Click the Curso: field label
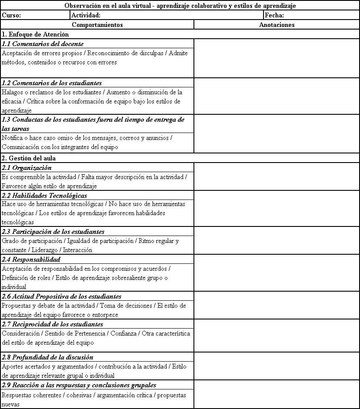pos(11,15)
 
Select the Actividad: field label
pos(86,15)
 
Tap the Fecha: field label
pos(274,15)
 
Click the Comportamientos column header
pos(97,25)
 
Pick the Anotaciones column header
pos(277,25)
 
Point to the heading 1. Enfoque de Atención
pos(36,34)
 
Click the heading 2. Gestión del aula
pos(29,158)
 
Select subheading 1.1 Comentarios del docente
pos(43,44)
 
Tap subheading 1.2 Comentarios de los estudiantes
pos(52,83)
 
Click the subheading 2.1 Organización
pos(27,168)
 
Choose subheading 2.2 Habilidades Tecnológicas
pos(44,196)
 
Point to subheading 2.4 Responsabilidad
pos(31,259)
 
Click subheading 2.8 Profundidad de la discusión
pos(47,357)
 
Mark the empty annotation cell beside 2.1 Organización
pos(277,176)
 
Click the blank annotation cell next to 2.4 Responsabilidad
pos(277,273)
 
